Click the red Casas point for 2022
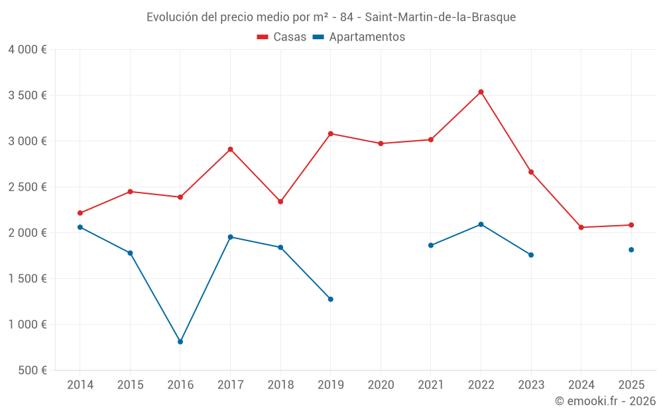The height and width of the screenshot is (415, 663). tap(481, 92)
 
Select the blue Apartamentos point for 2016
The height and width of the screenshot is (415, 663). tap(180, 342)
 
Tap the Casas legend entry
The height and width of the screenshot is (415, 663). tap(282, 37)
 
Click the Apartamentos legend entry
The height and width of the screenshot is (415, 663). tap(359, 37)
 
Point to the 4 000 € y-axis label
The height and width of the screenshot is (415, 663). tap(27, 49)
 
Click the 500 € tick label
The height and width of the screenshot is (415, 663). tap(32, 370)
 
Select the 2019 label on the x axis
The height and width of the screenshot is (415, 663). tap(330, 384)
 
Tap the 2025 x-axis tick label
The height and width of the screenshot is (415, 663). tap(631, 384)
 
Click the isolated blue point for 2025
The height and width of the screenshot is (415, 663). tap(631, 250)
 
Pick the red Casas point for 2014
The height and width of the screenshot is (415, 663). tap(80, 213)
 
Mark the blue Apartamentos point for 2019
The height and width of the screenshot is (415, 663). tap(330, 299)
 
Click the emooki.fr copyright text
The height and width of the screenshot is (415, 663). tap(605, 401)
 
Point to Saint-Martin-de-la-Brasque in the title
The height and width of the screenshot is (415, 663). tap(440, 17)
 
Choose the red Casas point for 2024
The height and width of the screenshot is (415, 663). tap(581, 228)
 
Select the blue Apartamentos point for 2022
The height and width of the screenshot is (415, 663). tap(481, 224)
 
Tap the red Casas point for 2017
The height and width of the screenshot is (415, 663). tap(230, 149)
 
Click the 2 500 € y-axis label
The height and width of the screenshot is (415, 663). tap(27, 187)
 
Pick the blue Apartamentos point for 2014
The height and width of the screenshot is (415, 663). tap(80, 227)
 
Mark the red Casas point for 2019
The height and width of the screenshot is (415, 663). tap(330, 133)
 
